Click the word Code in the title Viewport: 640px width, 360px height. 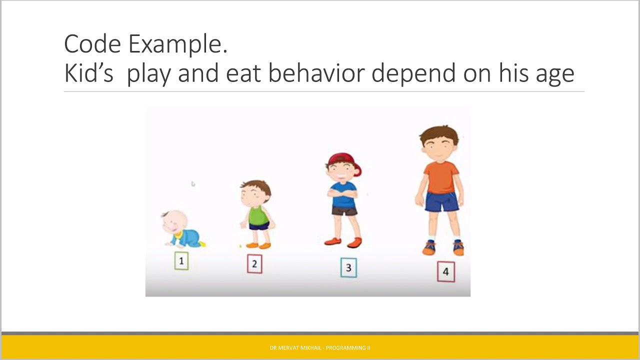click(x=92, y=43)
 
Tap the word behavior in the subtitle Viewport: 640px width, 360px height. click(x=316, y=72)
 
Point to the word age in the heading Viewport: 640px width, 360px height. click(x=555, y=75)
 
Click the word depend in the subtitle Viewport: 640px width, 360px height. click(x=413, y=74)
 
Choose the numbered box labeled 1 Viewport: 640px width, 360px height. click(x=181, y=260)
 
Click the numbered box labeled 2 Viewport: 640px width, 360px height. click(x=254, y=263)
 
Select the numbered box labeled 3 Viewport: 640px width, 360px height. click(x=348, y=267)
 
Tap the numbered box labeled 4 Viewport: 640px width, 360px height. click(x=446, y=271)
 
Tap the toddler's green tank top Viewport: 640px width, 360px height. click(x=258, y=215)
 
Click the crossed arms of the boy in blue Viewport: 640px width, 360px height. click(x=342, y=193)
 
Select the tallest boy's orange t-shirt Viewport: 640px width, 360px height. click(x=441, y=177)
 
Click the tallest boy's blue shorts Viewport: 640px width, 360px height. click(x=441, y=201)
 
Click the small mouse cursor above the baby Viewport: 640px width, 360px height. click(x=193, y=183)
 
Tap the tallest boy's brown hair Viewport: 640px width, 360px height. click(x=439, y=135)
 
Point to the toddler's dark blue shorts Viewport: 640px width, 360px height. click(x=259, y=226)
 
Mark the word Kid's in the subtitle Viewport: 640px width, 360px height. click(x=89, y=72)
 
